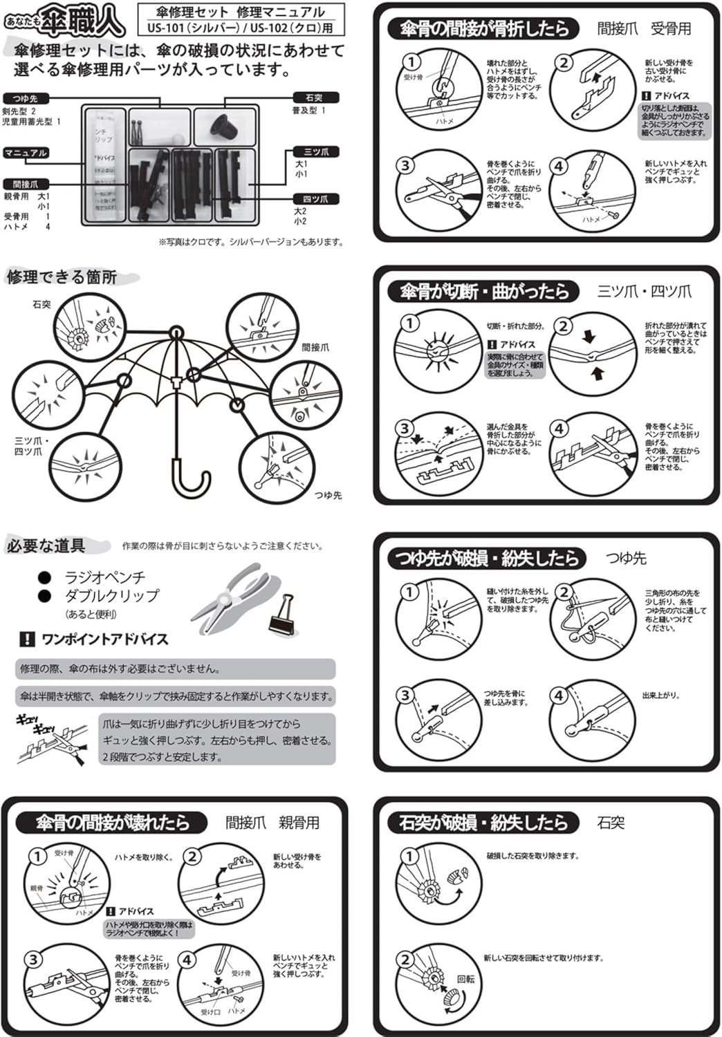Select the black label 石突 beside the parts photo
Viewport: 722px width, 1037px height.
tap(313, 97)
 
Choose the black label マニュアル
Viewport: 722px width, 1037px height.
tap(26, 153)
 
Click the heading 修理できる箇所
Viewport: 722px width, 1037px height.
tap(62, 277)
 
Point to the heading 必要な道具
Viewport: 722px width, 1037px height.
tap(47, 546)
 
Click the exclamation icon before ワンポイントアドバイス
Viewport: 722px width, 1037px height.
tap(26, 639)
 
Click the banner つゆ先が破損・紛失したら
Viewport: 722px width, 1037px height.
tap(486, 558)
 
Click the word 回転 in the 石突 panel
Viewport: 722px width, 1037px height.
tap(466, 980)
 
